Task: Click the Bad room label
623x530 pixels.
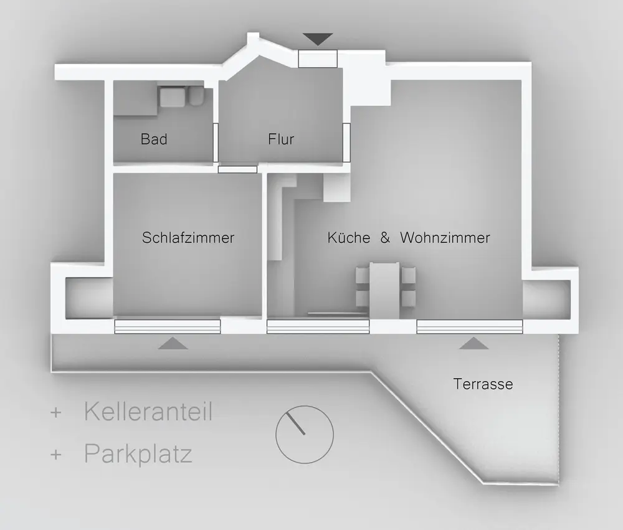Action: coord(154,139)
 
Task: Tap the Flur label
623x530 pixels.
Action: coord(281,139)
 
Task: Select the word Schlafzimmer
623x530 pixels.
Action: coord(188,238)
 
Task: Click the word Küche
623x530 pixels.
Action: coord(349,238)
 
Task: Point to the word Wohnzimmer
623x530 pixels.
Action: coord(445,238)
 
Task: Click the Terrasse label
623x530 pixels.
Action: coord(483,384)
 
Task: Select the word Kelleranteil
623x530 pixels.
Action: coord(148,412)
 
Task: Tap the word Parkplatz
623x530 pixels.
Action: coord(138,454)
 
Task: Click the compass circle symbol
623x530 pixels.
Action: coord(305,434)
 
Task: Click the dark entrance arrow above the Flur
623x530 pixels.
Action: coord(318,39)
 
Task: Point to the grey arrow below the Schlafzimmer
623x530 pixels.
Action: coord(173,343)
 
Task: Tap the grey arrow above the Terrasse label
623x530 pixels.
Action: coord(474,343)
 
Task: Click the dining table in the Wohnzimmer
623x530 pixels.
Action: coord(384,290)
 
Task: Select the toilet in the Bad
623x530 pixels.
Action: coord(196,97)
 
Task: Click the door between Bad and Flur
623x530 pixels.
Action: coord(216,142)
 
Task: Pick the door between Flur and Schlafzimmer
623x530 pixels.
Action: coord(237,169)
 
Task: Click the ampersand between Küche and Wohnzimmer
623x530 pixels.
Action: coord(385,238)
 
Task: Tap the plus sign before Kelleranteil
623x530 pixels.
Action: coord(57,412)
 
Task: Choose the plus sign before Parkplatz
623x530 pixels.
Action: coord(57,455)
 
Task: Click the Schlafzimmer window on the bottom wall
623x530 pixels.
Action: coord(168,326)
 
